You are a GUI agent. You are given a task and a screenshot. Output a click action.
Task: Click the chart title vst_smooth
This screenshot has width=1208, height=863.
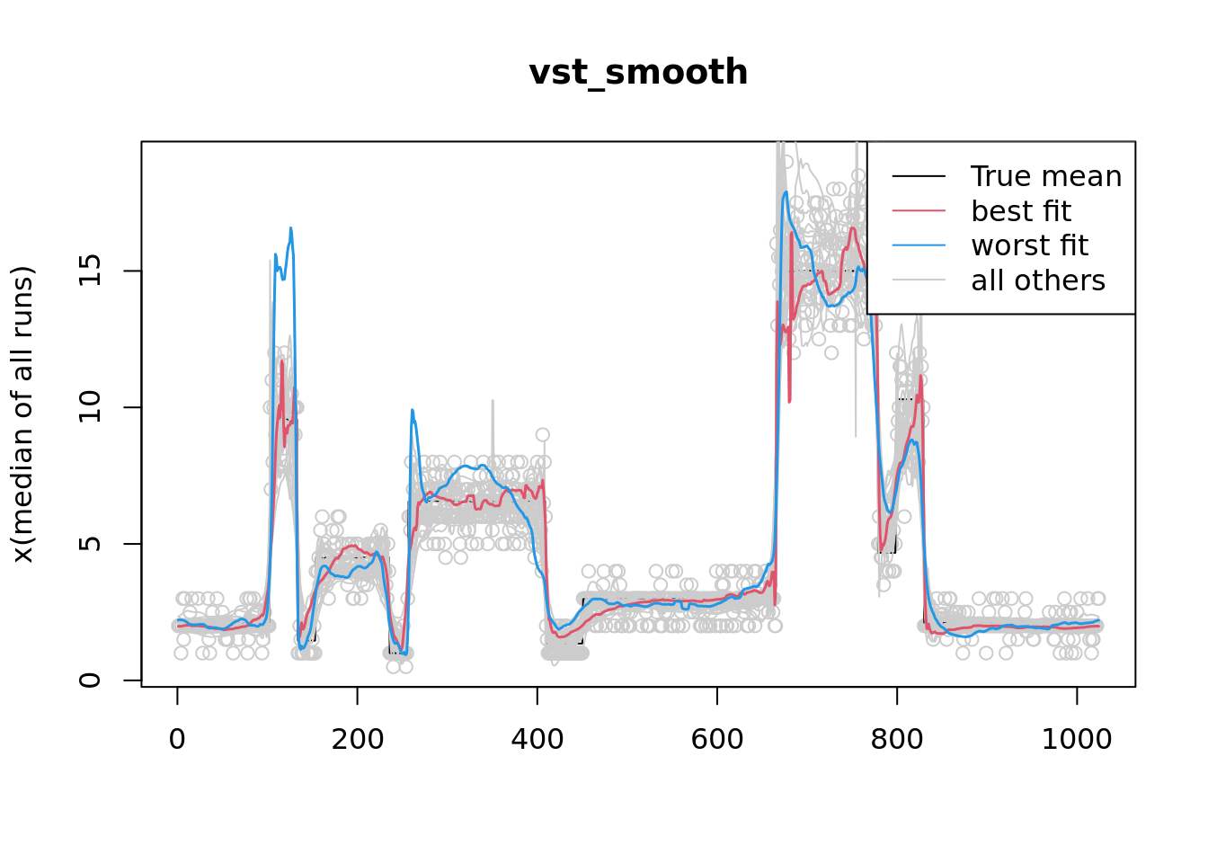coord(638,73)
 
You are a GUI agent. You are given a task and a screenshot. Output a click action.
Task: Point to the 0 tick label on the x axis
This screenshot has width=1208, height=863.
coord(177,740)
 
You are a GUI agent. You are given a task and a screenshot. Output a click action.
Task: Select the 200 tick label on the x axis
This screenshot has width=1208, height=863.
coord(357,740)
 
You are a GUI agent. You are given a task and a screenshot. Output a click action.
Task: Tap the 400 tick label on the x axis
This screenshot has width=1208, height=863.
coord(537,740)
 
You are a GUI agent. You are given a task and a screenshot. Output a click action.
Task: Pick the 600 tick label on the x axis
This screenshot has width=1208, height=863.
coord(716,740)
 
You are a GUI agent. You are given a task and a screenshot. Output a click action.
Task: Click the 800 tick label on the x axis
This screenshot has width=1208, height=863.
coord(896,740)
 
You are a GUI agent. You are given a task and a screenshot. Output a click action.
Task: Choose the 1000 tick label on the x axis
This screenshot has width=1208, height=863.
coord(1076,740)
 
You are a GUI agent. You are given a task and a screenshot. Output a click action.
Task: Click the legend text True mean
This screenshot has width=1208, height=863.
coord(1046,177)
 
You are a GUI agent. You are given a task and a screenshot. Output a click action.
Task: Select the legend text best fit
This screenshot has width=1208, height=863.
coord(1020,211)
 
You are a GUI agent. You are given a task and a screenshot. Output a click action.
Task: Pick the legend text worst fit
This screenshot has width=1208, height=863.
coord(1029,245)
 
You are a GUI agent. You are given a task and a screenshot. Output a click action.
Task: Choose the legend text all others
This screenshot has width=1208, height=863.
coord(1037,280)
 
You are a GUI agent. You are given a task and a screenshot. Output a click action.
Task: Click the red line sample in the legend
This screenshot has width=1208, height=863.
coord(919,211)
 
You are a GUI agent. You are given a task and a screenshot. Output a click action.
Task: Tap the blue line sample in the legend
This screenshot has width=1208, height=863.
coord(919,245)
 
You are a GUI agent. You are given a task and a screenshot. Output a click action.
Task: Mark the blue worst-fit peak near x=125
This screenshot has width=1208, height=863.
coord(290,228)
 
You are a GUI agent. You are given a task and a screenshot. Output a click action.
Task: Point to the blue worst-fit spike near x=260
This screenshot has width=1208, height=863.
coord(413,411)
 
